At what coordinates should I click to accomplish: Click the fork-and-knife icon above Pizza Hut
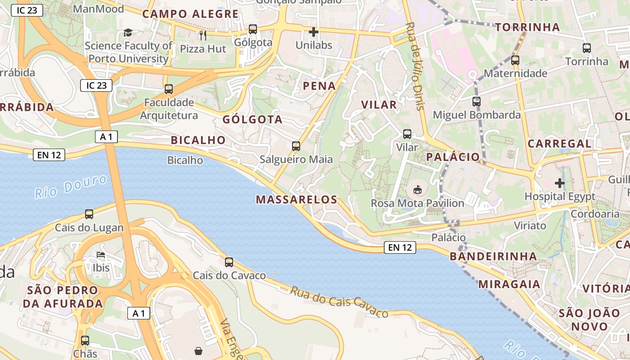pyautogui.click(x=203, y=35)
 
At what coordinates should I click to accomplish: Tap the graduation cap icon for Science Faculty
pyautogui.click(x=128, y=32)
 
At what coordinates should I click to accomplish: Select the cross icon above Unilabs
pyautogui.click(x=314, y=32)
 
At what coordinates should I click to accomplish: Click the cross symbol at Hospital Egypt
pyautogui.click(x=560, y=183)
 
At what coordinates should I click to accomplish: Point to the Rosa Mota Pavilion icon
pyautogui.click(x=418, y=190)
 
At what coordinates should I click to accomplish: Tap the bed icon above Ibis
pyautogui.click(x=101, y=255)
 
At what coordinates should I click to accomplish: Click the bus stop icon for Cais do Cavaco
pyautogui.click(x=229, y=262)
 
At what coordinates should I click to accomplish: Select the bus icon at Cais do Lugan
pyautogui.click(x=89, y=214)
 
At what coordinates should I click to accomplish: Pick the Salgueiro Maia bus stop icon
pyautogui.click(x=296, y=146)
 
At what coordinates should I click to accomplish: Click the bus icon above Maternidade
pyautogui.click(x=515, y=60)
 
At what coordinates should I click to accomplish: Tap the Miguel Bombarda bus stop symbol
pyautogui.click(x=477, y=102)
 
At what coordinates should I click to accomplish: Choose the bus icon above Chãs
pyautogui.click(x=85, y=341)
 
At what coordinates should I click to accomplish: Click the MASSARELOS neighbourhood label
pyautogui.click(x=297, y=199)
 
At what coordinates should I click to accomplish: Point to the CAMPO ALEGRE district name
pyautogui.click(x=190, y=14)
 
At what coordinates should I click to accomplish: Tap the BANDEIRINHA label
pyautogui.click(x=493, y=256)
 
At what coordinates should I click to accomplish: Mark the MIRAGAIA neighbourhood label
pyautogui.click(x=509, y=284)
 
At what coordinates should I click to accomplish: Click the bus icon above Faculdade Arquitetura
pyautogui.click(x=169, y=89)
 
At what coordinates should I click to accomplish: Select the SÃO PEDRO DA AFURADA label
pyautogui.click(x=63, y=297)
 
